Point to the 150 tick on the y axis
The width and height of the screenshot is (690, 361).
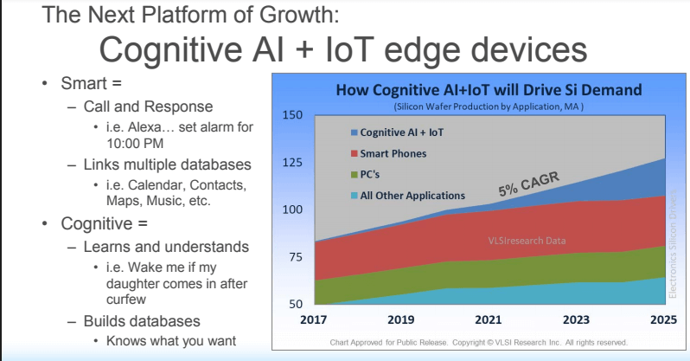click(x=291, y=115)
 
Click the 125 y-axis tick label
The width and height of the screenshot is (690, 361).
click(x=291, y=163)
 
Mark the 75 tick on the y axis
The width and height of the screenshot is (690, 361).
click(x=291, y=257)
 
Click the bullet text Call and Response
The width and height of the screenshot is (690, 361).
click(x=148, y=107)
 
